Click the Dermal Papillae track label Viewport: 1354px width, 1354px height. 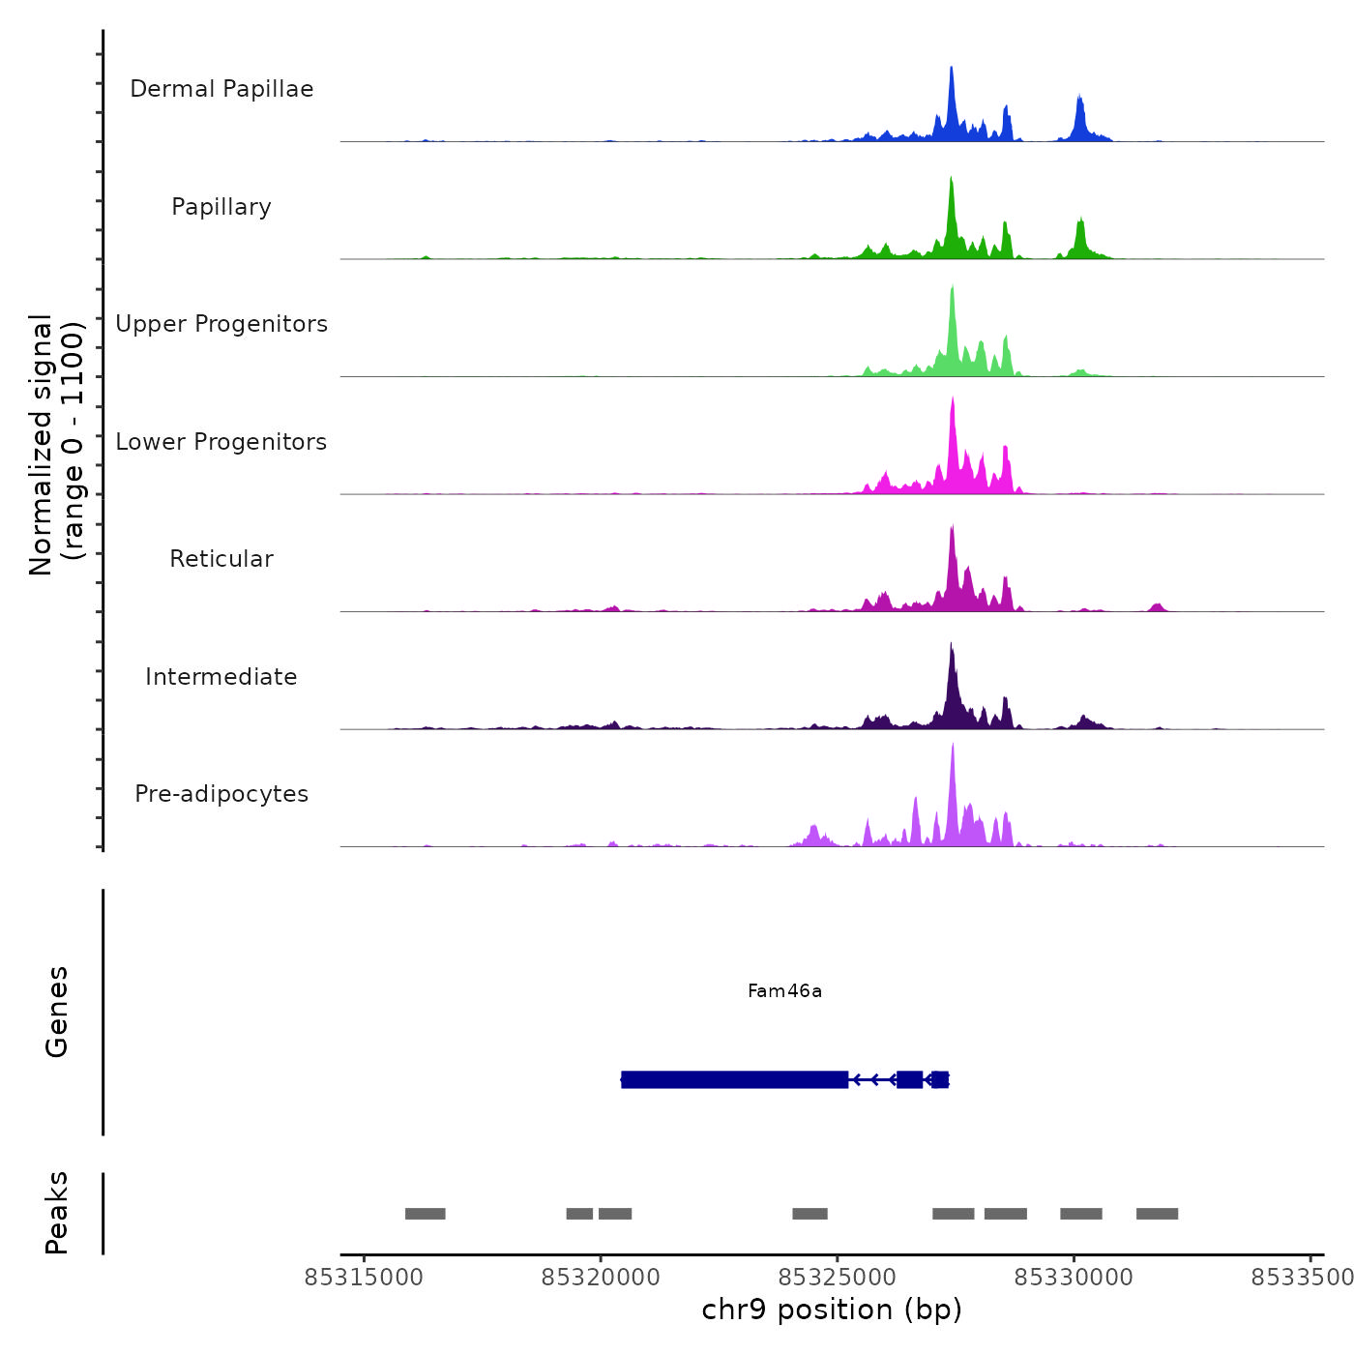pyautogui.click(x=221, y=89)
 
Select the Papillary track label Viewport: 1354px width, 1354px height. pyautogui.click(x=221, y=207)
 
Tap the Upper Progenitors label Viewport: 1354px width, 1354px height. pyautogui.click(x=221, y=324)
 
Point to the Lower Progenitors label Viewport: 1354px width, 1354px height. pyautogui.click(x=221, y=442)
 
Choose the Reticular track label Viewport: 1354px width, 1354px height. pyautogui.click(x=221, y=559)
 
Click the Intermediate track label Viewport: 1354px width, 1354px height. pyautogui.click(x=221, y=677)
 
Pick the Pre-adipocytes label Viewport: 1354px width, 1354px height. pyautogui.click(x=221, y=794)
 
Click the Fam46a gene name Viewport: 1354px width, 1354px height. pyautogui.click(x=784, y=990)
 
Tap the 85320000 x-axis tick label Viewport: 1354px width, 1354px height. pyautogui.click(x=601, y=1278)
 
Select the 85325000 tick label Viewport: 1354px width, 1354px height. pyautogui.click(x=838, y=1278)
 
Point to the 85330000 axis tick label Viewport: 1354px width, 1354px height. pyautogui.click(x=1074, y=1278)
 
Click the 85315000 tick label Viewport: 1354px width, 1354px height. pyautogui.click(x=364, y=1278)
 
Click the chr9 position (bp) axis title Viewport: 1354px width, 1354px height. pyautogui.click(x=832, y=1310)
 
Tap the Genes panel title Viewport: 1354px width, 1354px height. pyautogui.click(x=57, y=1011)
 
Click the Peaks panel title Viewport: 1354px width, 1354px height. pyautogui.click(x=57, y=1213)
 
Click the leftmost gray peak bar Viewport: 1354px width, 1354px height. pyautogui.click(x=425, y=1214)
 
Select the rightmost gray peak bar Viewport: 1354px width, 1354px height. pyautogui.click(x=1157, y=1214)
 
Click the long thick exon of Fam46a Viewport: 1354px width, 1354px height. pyautogui.click(x=735, y=1079)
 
